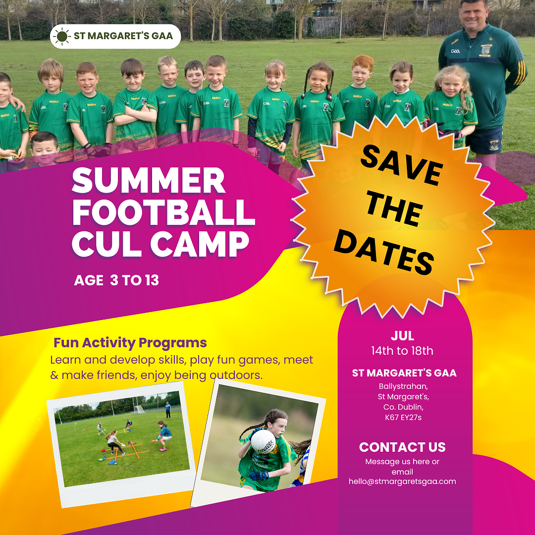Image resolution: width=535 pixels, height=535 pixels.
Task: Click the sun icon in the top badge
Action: pyautogui.click(x=62, y=36)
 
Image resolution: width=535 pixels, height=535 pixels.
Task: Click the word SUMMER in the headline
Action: pyautogui.click(x=149, y=180)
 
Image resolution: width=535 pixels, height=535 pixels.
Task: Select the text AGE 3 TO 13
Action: pyautogui.click(x=116, y=280)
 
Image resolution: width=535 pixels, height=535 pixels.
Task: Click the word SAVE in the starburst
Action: pyautogui.click(x=402, y=165)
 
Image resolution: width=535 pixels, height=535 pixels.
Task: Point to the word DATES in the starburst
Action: pyautogui.click(x=384, y=253)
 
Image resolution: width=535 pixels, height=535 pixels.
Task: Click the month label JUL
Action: pyautogui.click(x=402, y=336)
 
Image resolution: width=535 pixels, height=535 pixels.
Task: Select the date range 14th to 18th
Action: pyautogui.click(x=402, y=351)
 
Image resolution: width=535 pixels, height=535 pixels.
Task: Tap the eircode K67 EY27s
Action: pyautogui.click(x=403, y=417)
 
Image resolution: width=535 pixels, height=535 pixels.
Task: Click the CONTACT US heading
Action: pyautogui.click(x=402, y=447)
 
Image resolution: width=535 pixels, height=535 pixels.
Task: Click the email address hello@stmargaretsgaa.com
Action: pyautogui.click(x=402, y=481)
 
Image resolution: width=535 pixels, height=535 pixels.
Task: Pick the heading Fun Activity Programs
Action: pyautogui.click(x=130, y=343)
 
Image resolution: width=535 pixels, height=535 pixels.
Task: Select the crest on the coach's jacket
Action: pyautogui.click(x=486, y=50)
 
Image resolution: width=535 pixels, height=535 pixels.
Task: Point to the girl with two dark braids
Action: pyautogui.click(x=318, y=112)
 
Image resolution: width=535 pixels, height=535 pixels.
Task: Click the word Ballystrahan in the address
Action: pyautogui.click(x=403, y=386)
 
